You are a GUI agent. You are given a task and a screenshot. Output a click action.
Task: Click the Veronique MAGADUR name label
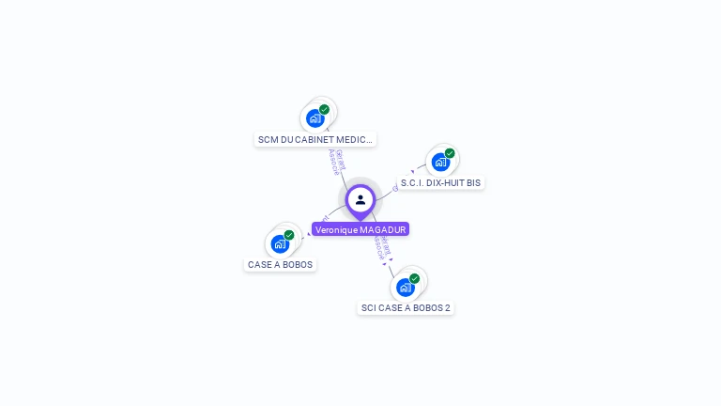coord(360,229)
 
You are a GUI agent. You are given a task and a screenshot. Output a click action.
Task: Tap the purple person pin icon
coord(360,200)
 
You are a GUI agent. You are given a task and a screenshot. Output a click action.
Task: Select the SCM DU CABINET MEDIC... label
coord(315,140)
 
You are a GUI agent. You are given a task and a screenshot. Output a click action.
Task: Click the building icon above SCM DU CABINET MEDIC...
coord(315,118)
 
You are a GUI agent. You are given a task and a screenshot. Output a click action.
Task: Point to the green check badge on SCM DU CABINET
coord(325,109)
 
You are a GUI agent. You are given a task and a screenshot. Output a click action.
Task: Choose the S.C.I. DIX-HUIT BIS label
coord(440,183)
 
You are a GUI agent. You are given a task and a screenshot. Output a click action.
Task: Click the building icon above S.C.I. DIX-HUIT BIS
coord(440,162)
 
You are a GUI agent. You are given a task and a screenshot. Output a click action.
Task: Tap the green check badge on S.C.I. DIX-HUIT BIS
coord(450,153)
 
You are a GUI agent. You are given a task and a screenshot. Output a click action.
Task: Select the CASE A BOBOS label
coord(280,265)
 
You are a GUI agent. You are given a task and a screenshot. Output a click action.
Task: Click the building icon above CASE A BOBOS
coord(280,243)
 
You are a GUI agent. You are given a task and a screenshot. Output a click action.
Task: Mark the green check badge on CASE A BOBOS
coord(289,235)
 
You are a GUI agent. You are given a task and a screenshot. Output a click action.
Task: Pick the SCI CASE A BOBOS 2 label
coord(406,308)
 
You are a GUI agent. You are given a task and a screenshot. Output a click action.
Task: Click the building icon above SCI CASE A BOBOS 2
coord(405,287)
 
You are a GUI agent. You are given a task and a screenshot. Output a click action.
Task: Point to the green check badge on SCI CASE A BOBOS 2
coord(414,278)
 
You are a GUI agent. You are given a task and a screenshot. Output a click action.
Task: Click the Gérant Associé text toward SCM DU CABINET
coord(336,162)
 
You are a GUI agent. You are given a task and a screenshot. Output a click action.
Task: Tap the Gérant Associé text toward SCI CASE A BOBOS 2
coord(382,246)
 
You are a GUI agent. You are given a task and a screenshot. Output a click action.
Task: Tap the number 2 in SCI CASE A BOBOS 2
coord(447,308)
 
